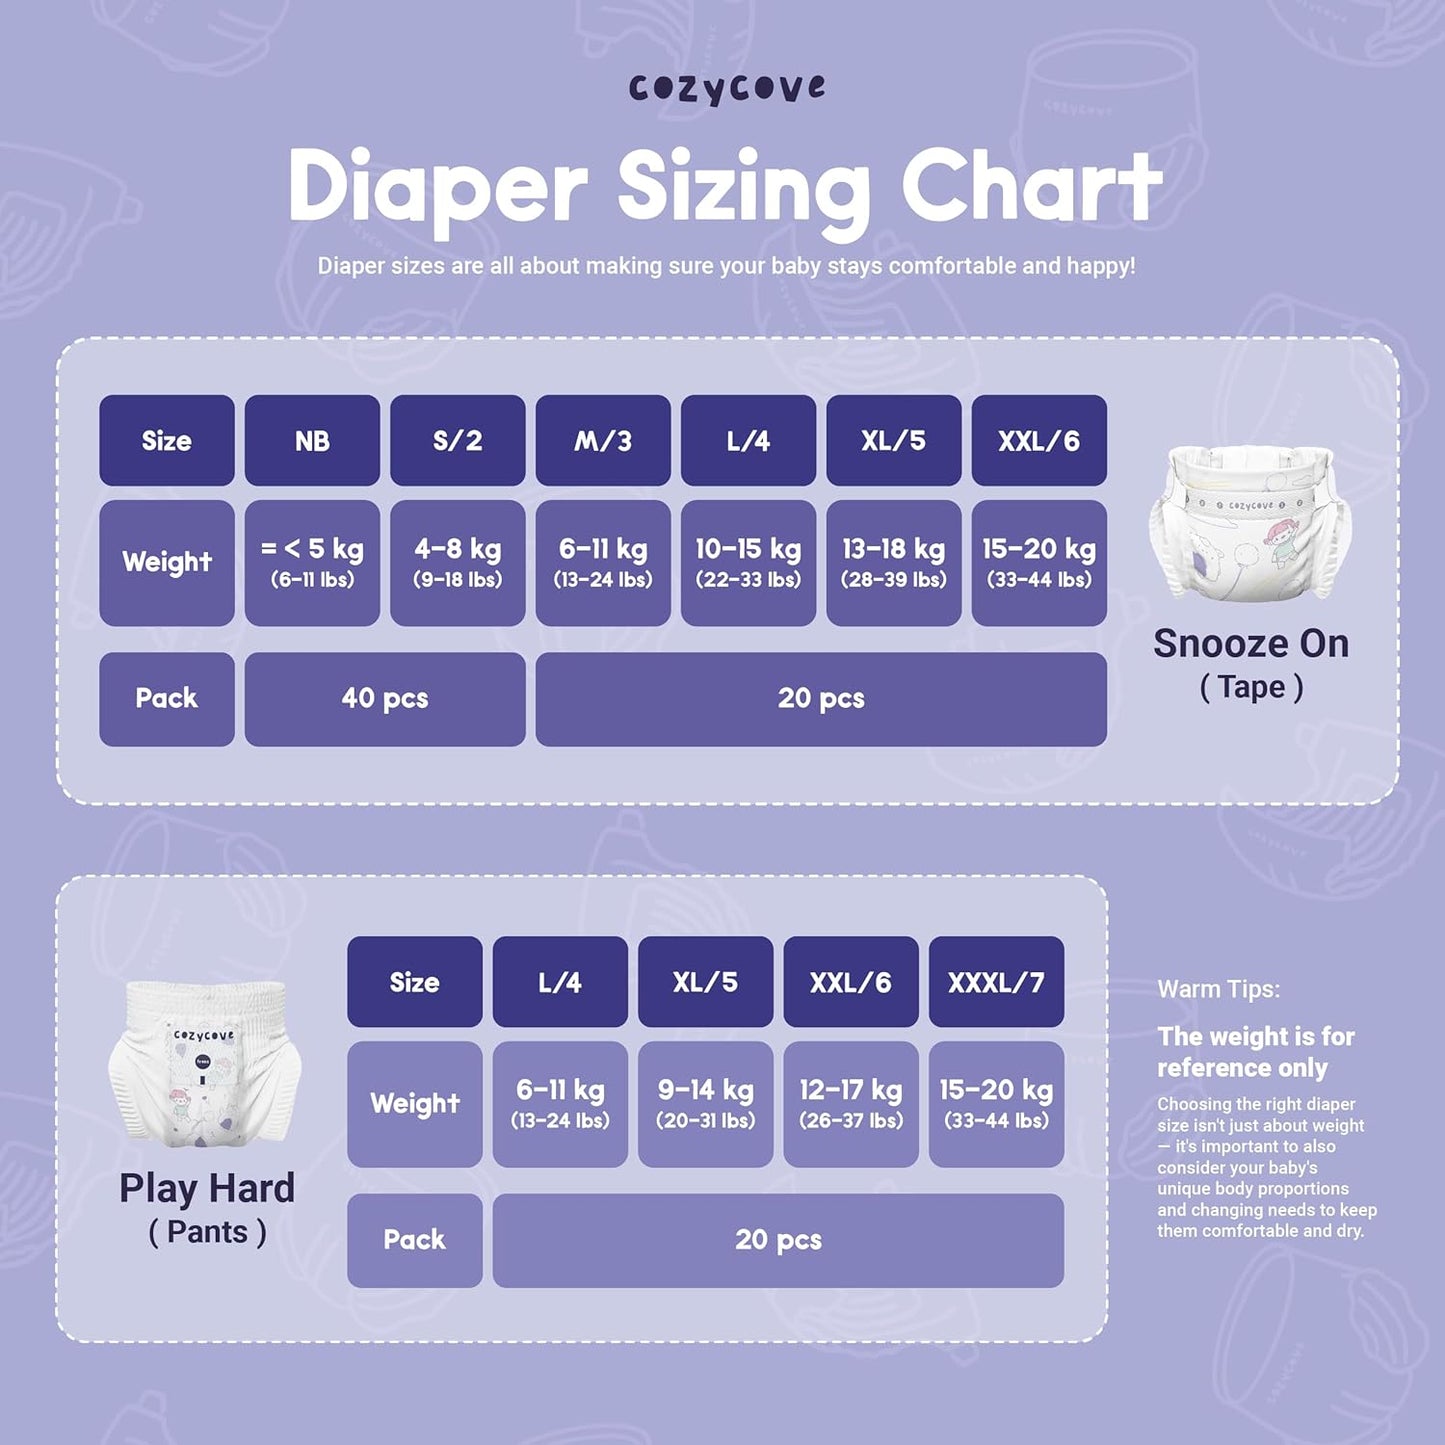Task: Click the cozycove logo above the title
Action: (727, 89)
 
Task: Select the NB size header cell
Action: (312, 441)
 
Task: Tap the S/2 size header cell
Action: (457, 441)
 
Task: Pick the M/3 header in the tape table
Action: (603, 441)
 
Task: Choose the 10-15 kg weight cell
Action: (748, 562)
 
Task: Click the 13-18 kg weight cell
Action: (893, 562)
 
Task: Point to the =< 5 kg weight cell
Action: (312, 562)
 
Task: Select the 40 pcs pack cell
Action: (385, 699)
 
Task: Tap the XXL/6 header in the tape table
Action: (1039, 441)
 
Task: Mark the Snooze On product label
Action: (1251, 644)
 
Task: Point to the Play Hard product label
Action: (207, 1189)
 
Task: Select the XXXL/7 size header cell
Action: (996, 982)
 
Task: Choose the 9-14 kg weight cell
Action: (705, 1103)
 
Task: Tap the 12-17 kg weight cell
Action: (850, 1103)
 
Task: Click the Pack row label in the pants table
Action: (414, 1240)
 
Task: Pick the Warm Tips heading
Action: (1218, 990)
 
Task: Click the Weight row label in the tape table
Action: (167, 562)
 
